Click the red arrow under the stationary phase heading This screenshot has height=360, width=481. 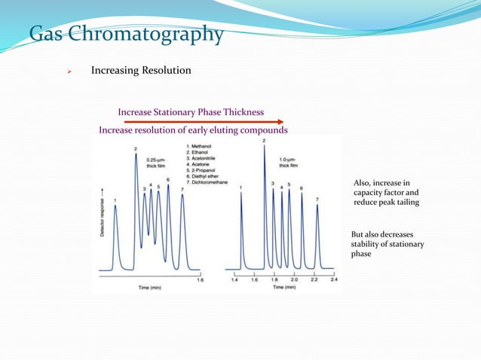pos(204,121)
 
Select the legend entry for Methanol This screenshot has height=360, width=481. pos(200,145)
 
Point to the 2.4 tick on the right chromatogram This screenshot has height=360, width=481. pos(334,279)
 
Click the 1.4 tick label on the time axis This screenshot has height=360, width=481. pos(234,279)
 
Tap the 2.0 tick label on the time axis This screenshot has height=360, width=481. pos(294,279)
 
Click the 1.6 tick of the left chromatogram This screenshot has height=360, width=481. pos(200,279)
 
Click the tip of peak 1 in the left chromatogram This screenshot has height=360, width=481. pos(115,206)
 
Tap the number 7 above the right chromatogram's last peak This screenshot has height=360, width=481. pos(317,200)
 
